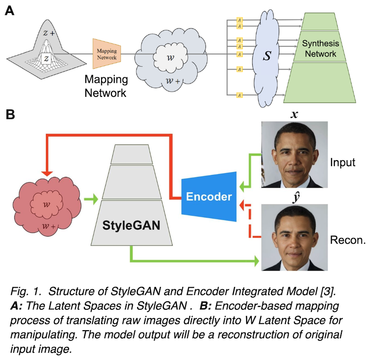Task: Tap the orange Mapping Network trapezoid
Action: [x=107, y=52]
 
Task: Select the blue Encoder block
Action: [x=209, y=196]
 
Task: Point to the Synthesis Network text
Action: [x=319, y=49]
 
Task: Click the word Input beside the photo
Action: [x=343, y=163]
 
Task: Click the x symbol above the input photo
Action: [x=294, y=114]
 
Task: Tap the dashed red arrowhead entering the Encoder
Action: [x=242, y=204]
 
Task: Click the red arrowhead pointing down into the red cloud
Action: [x=46, y=173]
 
